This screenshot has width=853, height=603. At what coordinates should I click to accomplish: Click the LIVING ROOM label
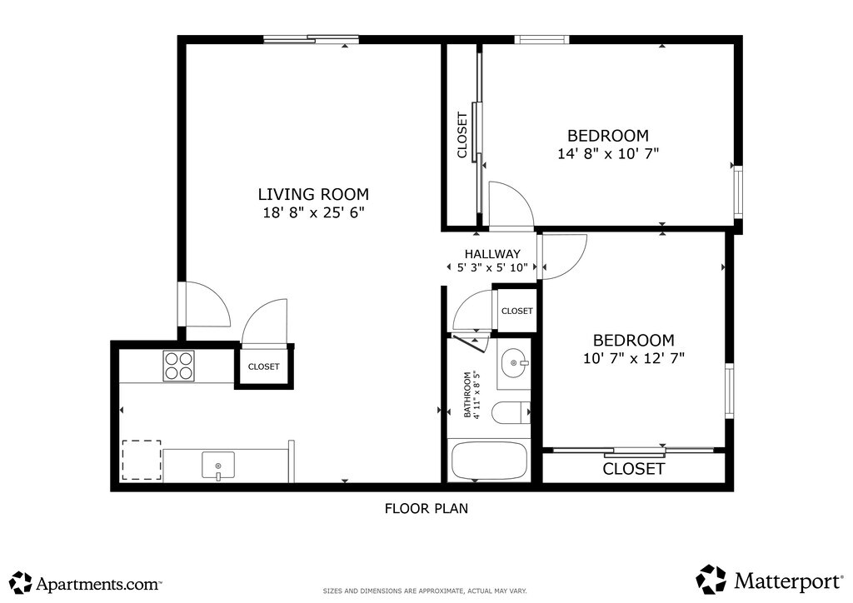313,194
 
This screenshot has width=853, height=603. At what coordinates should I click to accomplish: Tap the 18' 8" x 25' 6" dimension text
313,212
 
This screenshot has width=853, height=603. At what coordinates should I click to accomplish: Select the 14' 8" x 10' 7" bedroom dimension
608,153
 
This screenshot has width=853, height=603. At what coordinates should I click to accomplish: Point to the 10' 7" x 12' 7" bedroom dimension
634,358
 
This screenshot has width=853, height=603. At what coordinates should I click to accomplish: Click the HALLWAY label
492,254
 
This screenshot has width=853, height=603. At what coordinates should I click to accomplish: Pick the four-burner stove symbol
178,366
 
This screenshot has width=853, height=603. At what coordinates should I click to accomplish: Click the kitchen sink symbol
218,466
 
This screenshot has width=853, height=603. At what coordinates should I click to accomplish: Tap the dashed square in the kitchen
142,460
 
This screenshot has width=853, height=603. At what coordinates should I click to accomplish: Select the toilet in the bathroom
511,413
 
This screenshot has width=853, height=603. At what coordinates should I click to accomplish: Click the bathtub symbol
489,460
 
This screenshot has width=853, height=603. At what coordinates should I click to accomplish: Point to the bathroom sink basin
514,362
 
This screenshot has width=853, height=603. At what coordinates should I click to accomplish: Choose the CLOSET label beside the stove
264,367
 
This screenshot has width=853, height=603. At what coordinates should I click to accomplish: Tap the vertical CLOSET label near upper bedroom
461,136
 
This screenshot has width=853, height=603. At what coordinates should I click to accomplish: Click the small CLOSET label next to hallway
516,311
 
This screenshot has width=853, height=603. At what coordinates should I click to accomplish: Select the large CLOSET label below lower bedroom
634,469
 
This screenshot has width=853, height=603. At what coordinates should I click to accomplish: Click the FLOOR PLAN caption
426,508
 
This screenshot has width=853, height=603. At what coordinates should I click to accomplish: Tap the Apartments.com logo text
99,585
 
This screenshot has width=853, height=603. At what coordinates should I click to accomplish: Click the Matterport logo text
788,581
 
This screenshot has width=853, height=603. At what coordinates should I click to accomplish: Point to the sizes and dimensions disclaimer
425,591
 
